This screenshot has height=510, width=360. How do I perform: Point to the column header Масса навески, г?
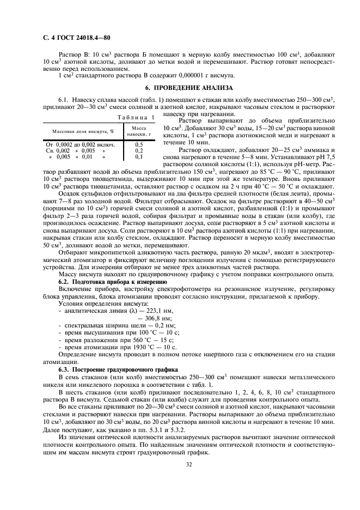[x=139, y=131]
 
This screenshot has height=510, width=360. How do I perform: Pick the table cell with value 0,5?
[x=139, y=144]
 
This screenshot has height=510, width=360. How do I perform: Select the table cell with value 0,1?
[x=139, y=157]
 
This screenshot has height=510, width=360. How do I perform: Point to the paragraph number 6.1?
[x=64, y=99]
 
